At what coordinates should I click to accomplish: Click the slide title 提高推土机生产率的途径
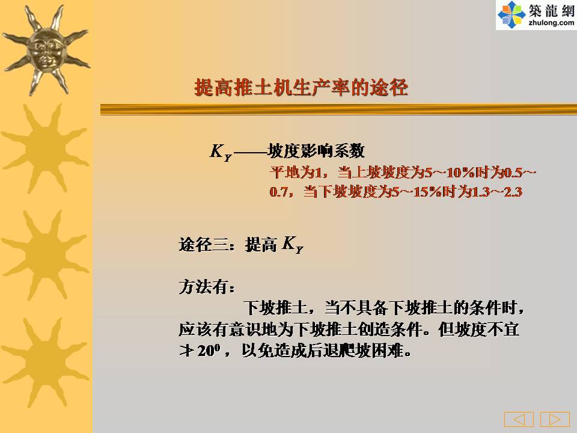point(301,88)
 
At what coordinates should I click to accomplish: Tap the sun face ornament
point(46,50)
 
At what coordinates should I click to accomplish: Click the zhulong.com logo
point(536,14)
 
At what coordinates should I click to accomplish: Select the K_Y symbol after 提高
point(293,245)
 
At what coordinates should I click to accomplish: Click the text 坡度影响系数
point(316,150)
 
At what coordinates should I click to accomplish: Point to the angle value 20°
point(209,351)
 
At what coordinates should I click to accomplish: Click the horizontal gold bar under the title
point(338,109)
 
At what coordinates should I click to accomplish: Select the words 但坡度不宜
point(479,329)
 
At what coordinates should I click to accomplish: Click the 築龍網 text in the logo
point(552,10)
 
